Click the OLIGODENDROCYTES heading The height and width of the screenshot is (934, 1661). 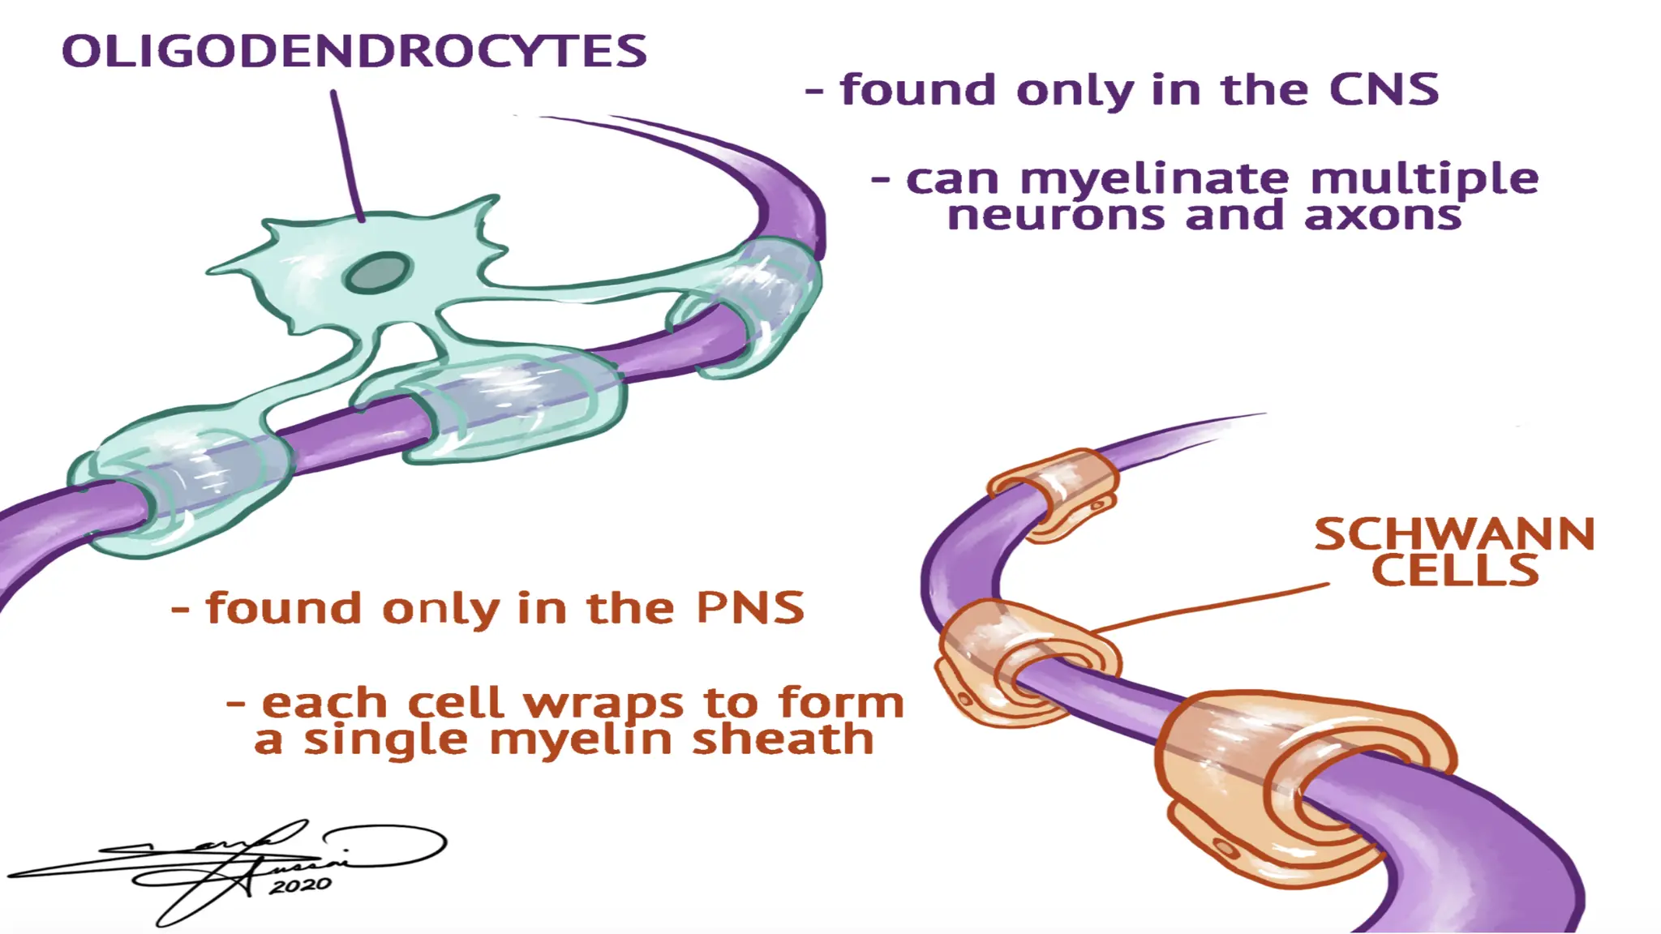pos(354,52)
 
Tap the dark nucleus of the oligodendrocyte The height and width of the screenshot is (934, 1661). pos(377,272)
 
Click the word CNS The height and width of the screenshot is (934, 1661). pos(1384,89)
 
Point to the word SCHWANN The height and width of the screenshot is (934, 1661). pos(1454,535)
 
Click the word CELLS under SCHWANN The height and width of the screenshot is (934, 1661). pos(1455,571)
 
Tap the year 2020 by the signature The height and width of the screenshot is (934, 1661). pos(300,885)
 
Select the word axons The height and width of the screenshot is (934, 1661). pos(1383,216)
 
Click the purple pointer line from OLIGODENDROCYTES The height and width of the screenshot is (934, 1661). pos(347,154)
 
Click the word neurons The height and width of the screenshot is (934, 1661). pos(1055,216)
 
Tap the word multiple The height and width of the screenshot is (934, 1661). pos(1424,180)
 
